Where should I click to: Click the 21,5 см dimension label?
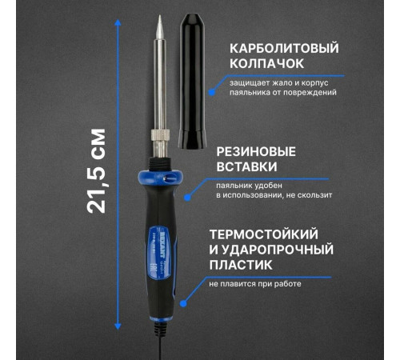click(x=98, y=170)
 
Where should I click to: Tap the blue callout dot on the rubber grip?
click(x=187, y=197)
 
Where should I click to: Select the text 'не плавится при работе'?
click(x=256, y=283)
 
